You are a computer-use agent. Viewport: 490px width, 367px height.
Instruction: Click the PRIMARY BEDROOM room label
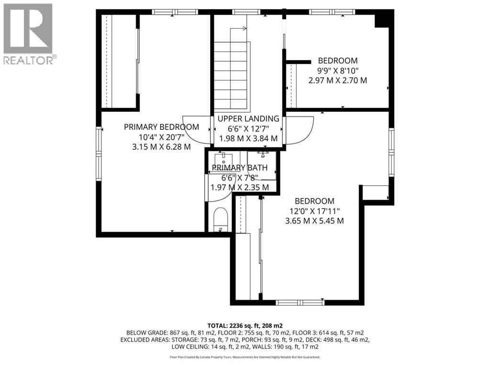[x=161, y=127]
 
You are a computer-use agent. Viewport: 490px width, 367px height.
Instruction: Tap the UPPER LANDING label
[x=248, y=119]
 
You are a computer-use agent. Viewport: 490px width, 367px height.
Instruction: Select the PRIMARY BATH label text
[x=240, y=168]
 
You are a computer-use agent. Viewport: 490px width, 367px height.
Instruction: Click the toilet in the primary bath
[x=221, y=220]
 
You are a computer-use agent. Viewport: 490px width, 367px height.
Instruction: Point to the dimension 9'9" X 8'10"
[x=337, y=71]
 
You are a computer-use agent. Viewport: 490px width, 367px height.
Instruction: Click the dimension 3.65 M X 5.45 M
[x=314, y=221]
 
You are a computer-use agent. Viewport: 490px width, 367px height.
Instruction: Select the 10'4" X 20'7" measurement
[x=162, y=137]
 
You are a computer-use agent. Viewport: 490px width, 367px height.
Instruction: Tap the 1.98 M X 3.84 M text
[x=248, y=138]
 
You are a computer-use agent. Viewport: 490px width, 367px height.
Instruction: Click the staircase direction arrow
[x=238, y=29]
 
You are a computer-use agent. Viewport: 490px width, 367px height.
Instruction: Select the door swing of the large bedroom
[x=300, y=130]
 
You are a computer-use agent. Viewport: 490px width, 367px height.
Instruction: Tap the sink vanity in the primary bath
[x=224, y=162]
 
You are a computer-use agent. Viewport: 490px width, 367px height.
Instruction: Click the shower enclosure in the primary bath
[x=262, y=166]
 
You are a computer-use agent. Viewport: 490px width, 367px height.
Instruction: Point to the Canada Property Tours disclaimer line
[x=245, y=357]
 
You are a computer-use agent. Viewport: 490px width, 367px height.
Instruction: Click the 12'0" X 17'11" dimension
[x=314, y=211]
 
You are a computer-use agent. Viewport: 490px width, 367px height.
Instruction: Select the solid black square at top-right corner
[x=384, y=19]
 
